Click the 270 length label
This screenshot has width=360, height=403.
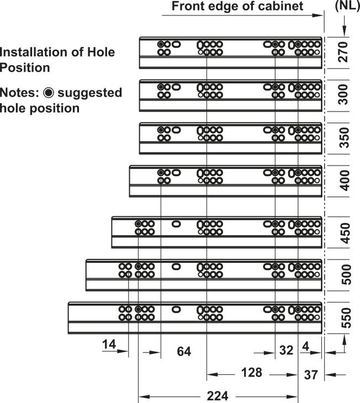click(343, 52)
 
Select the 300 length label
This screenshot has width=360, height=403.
click(343, 94)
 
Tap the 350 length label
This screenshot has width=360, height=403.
click(343, 138)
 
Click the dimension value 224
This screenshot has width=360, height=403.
click(218, 396)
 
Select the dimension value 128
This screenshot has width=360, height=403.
click(251, 373)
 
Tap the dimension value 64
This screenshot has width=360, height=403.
click(184, 351)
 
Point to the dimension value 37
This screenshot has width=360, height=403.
click(311, 375)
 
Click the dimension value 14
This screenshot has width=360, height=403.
click(109, 344)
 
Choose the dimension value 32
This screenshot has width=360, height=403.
click(286, 350)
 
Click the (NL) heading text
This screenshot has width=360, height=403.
click(347, 6)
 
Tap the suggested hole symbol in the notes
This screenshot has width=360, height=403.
click(49, 93)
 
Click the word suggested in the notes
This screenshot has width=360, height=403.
click(90, 93)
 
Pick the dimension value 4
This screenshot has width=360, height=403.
click(305, 347)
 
